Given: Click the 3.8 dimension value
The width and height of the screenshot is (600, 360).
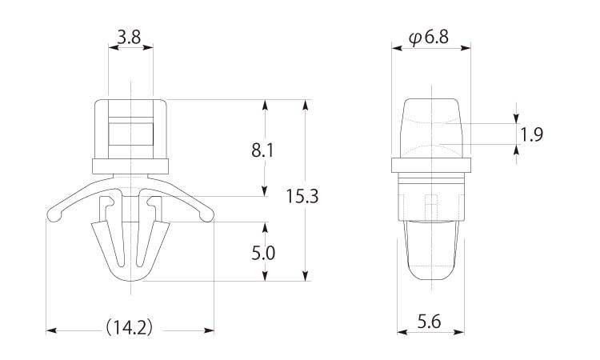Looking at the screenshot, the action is [129, 38].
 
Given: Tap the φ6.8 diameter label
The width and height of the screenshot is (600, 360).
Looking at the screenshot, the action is [429, 38].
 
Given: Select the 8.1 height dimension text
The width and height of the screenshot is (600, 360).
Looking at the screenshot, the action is [263, 150].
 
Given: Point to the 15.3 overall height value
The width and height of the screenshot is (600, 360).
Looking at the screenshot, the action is [302, 197].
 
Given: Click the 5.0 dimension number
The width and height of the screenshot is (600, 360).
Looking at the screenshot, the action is [263, 254].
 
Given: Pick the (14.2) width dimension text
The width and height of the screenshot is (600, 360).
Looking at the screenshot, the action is [129, 327].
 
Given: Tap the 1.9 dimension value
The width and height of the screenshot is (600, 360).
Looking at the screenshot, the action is [531, 134].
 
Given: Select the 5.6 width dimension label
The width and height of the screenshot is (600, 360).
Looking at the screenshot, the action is [429, 322].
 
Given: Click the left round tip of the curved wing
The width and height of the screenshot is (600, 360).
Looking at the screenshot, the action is [53, 215].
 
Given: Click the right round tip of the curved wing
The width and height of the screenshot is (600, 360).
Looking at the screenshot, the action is [207, 215].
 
